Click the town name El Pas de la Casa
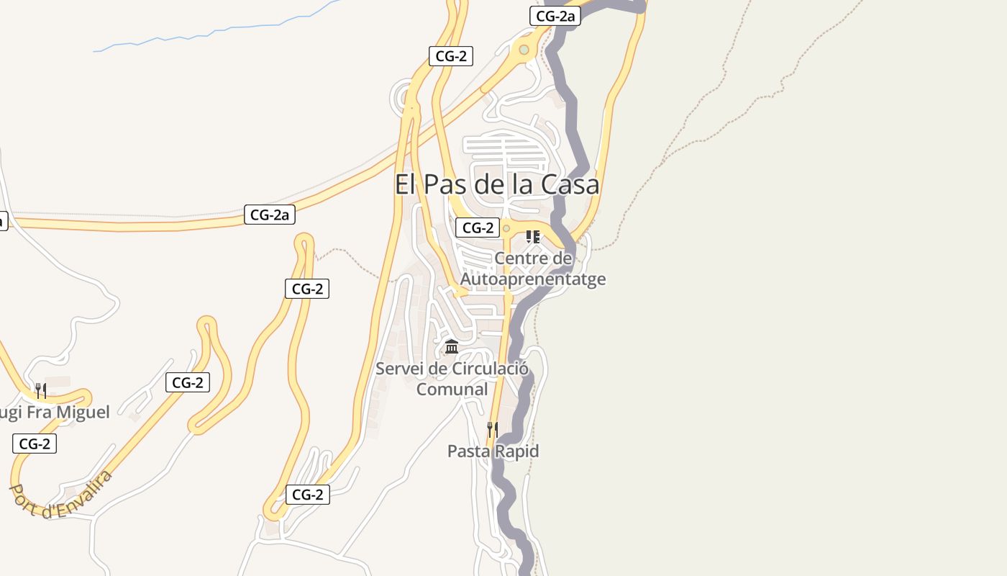pos(496,184)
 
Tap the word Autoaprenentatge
pos(533,279)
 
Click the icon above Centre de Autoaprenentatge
pos(533,236)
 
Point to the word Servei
pos(400,369)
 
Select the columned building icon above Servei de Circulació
pos(452,347)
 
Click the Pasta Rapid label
pos(493,451)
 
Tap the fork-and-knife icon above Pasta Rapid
pos(493,429)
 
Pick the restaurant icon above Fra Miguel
pos(41,390)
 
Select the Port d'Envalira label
pos(61,495)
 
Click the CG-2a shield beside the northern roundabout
pos(555,16)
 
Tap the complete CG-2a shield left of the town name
pos(270,214)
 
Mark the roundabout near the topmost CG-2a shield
pos(524,50)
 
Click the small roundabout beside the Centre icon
pos(506,228)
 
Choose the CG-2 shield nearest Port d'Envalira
pos(35,444)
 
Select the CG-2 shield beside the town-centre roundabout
pos(478,228)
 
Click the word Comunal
pos(452,390)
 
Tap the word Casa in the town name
pos(570,184)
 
